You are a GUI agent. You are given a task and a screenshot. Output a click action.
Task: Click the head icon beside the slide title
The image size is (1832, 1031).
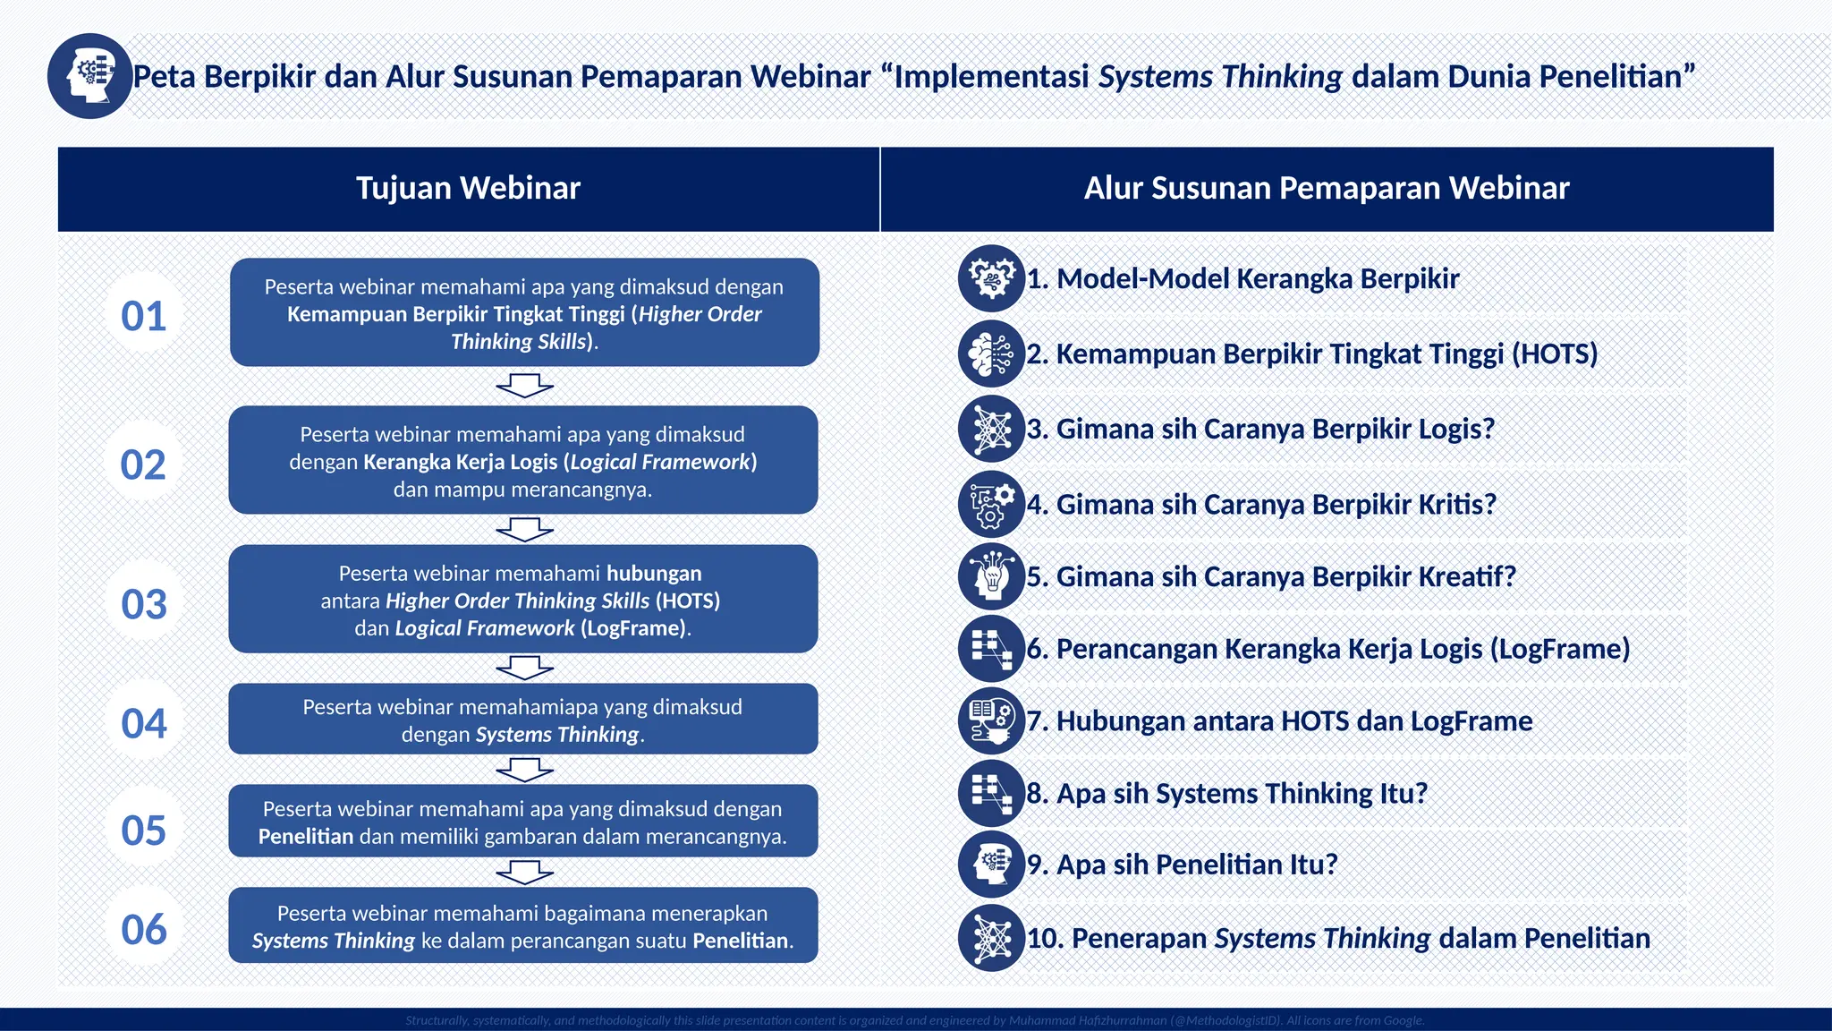(89, 76)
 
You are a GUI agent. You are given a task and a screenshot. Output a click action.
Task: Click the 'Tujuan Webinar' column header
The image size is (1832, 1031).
(468, 189)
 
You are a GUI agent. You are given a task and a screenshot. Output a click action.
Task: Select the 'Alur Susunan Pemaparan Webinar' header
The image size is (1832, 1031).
(1327, 189)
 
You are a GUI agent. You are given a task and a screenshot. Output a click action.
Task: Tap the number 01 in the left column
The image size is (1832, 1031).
(144, 316)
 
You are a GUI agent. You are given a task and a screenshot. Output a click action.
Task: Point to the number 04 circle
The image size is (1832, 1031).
(144, 723)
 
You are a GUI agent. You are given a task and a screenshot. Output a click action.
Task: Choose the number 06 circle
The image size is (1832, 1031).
(144, 929)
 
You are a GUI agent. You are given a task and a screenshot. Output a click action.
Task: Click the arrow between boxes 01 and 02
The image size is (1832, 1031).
(524, 386)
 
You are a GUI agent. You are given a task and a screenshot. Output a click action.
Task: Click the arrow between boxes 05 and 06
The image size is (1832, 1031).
(524, 872)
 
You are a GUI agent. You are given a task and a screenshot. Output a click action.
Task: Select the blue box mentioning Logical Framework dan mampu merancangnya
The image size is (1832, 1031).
(523, 461)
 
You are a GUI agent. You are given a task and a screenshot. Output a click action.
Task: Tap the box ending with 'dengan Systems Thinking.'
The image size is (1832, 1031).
(523, 720)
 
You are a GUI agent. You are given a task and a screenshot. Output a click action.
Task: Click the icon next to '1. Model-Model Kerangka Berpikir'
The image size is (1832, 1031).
(991, 278)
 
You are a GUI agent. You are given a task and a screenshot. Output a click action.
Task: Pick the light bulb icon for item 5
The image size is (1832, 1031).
(991, 576)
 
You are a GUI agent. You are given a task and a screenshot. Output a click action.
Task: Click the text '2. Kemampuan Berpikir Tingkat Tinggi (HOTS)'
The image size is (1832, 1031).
(1312, 354)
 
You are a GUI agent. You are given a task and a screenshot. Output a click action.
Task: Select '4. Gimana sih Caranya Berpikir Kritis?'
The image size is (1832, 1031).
(1261, 505)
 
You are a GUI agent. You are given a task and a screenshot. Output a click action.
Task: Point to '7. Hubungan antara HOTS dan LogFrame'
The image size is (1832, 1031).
(1279, 721)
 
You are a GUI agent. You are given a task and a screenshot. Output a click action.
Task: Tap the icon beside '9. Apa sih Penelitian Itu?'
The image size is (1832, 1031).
(991, 865)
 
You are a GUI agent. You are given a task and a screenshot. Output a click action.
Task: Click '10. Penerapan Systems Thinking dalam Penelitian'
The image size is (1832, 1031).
(1338, 939)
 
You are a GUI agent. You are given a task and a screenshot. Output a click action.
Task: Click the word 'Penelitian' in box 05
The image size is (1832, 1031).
(306, 837)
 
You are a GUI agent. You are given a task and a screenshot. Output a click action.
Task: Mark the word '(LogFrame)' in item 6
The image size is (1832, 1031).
(1559, 649)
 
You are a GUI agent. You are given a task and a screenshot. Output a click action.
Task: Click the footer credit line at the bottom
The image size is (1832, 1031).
(914, 1020)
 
